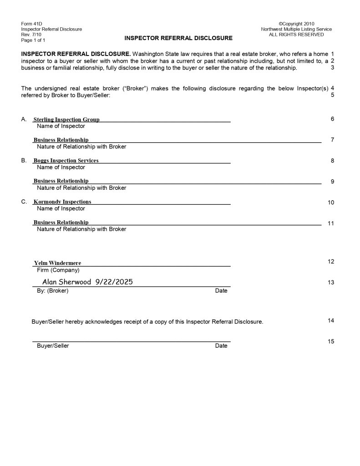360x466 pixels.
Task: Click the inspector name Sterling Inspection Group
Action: pyautogui.click(x=66, y=120)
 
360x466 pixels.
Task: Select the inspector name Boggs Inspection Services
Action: pyautogui.click(x=66, y=161)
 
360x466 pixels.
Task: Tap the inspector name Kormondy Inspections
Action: pyautogui.click(x=62, y=202)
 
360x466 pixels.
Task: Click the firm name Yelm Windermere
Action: pyautogui.click(x=57, y=263)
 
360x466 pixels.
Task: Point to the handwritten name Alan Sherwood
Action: pyautogui.click(x=67, y=282)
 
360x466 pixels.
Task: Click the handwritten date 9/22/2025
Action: pyautogui.click(x=114, y=282)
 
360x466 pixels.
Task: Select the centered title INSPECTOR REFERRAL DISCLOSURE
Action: pyautogui.click(x=178, y=38)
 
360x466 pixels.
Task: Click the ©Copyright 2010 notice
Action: pyautogui.click(x=296, y=24)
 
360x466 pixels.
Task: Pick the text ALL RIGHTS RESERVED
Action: pyautogui.click(x=296, y=35)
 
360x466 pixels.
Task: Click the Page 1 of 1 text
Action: pyautogui.click(x=33, y=40)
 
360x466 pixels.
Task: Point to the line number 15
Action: pyautogui.click(x=331, y=341)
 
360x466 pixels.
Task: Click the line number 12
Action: pyautogui.click(x=331, y=262)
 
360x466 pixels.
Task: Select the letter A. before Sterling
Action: pyautogui.click(x=24, y=119)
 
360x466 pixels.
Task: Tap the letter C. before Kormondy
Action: pyautogui.click(x=24, y=202)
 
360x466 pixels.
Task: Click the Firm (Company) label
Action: pyautogui.click(x=58, y=270)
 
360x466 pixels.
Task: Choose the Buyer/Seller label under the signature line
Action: pyautogui.click(x=53, y=346)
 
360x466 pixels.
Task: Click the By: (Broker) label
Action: pyautogui.click(x=52, y=291)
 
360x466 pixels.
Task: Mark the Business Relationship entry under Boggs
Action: pyautogui.click(x=61, y=181)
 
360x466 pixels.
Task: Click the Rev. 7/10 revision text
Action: pyautogui.click(x=31, y=35)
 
